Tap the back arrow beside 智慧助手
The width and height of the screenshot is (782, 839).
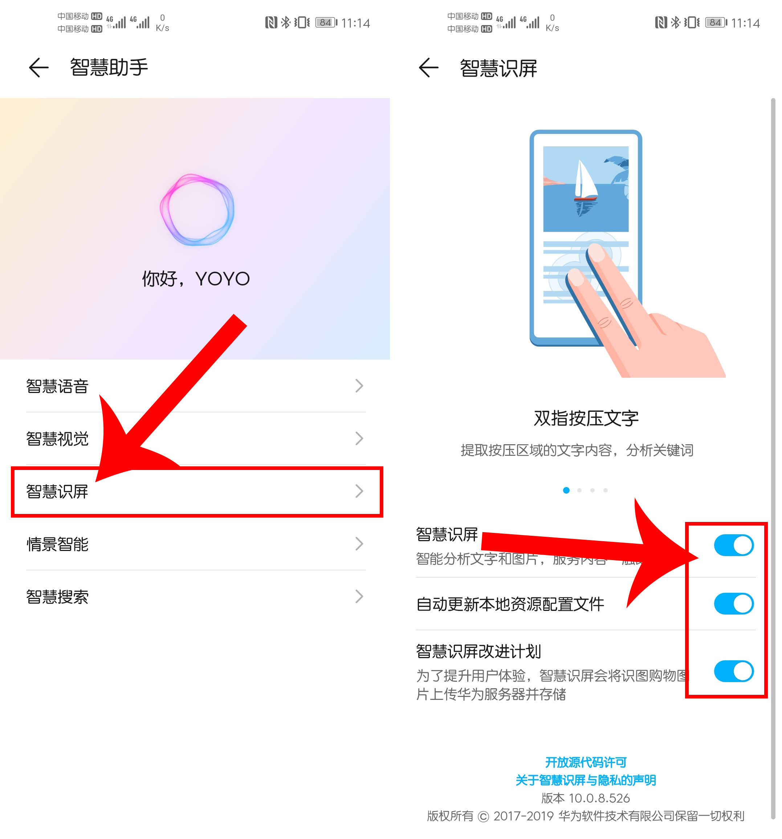(38, 68)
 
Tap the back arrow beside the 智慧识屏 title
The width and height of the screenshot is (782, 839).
(428, 68)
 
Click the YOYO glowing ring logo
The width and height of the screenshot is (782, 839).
(197, 210)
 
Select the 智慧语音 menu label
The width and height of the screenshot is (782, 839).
(57, 386)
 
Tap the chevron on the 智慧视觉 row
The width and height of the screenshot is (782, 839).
(359, 438)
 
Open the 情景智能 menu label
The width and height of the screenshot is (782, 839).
(57, 544)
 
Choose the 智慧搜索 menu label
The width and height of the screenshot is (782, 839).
(57, 597)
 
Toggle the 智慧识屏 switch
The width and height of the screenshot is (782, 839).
(733, 545)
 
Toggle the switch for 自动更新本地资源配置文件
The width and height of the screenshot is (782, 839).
(733, 604)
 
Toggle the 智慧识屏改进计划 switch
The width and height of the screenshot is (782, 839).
(733, 671)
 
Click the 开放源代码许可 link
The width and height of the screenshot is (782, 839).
(586, 762)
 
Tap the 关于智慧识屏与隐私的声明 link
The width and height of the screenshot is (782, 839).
(586, 780)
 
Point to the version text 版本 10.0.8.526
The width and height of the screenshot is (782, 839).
(586, 798)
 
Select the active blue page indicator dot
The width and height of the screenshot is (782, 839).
(566, 490)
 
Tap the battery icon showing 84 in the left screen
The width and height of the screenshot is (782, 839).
(326, 23)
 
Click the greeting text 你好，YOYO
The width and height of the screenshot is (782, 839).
(196, 279)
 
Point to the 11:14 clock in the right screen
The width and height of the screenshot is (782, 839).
(745, 23)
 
